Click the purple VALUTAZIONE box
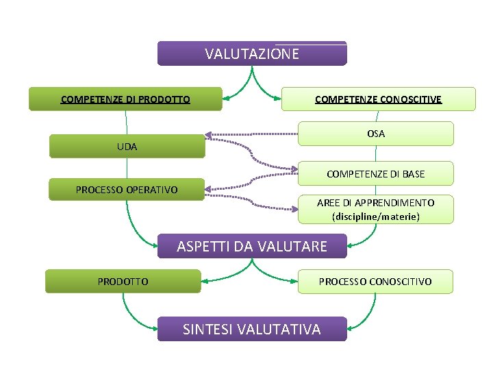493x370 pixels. [x=252, y=53]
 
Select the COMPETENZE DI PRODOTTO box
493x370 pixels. [x=125, y=99]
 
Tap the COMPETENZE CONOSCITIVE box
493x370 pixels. [x=378, y=99]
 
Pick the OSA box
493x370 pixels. [x=376, y=134]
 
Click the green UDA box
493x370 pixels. [x=127, y=147]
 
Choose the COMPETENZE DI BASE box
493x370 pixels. [x=376, y=174]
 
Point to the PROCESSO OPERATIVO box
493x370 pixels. [x=127, y=189]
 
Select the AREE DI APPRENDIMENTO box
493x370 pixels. [x=376, y=210]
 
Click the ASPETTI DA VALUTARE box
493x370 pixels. [x=252, y=246]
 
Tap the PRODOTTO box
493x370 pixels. [x=123, y=282]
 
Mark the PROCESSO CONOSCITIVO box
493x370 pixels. [x=375, y=282]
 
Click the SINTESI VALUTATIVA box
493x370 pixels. [x=252, y=329]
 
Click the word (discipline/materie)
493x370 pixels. [x=376, y=217]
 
